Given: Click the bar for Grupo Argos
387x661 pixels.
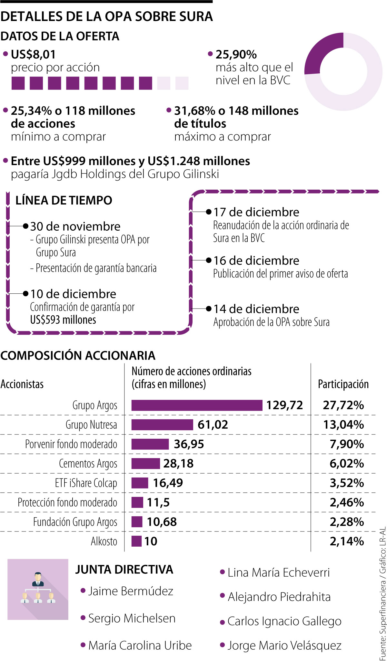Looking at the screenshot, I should coord(197,405).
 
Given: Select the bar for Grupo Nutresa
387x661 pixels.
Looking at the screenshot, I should coord(162,425).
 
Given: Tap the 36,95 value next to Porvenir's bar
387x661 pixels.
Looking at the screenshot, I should coord(189,444).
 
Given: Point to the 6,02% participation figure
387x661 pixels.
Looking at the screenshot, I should coord(347,464).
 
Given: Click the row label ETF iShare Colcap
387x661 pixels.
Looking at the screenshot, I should coord(86,483).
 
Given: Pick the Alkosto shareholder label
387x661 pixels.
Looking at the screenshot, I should coord(104,541).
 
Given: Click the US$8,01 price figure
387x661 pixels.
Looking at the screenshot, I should coord(33,54).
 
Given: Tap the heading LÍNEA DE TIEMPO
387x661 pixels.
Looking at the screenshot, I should coord(64,200).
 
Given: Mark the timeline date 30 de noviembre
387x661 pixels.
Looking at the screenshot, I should coord(75,226).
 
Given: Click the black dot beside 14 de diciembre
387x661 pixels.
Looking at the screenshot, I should coord(209,309).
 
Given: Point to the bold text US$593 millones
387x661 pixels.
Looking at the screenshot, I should coord(63,320).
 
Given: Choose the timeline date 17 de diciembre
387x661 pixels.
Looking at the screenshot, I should coord(256,212).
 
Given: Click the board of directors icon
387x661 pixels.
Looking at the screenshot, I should coord(38,589).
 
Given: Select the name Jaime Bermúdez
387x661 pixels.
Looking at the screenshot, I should coord(131,591).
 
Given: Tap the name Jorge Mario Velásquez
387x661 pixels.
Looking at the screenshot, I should coord(284,645).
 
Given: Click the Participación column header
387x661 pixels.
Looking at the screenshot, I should coord(343,384).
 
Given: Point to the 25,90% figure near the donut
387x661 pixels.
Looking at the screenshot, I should coord(236,54).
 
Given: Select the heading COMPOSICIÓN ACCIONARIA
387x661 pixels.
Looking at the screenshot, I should coord(78,355).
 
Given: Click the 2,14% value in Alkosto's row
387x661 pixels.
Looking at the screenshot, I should coord(347,541).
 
